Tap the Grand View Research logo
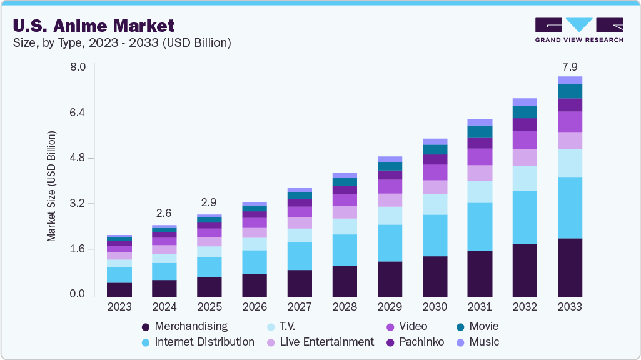578,29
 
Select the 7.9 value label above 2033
570,67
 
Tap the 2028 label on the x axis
345,307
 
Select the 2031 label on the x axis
480,307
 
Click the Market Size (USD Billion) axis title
51,186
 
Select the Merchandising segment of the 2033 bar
570,267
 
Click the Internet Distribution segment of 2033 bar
570,207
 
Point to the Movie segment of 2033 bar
570,91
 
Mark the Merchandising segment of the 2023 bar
119,290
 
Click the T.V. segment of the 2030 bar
435,204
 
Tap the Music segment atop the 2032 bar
525,102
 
